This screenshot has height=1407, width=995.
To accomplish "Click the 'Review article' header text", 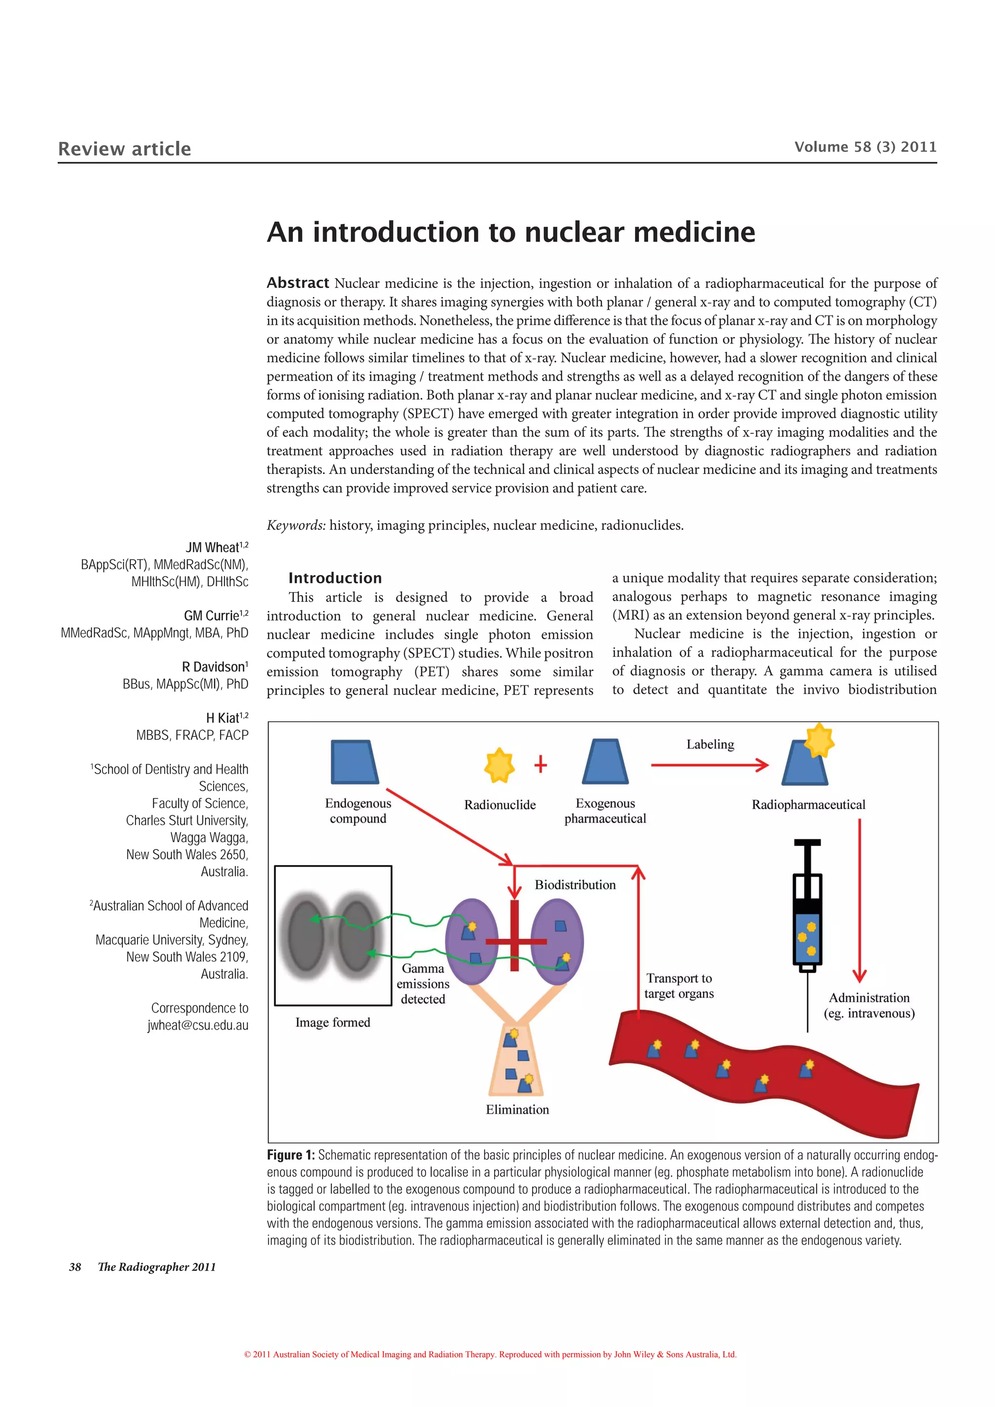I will coord(124,149).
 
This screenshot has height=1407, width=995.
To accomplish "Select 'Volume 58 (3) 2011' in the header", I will coord(865,147).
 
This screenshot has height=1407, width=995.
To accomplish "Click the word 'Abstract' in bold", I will coord(298,283).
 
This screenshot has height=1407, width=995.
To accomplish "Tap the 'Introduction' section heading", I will coord(335,578).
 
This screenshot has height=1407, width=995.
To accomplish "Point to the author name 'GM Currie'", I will coord(211,615).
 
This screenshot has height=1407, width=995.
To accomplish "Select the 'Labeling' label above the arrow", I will coord(710,745).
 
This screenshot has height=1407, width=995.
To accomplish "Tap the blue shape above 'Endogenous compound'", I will coord(354,762).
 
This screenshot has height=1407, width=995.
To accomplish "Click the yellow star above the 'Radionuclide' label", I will coord(499,765).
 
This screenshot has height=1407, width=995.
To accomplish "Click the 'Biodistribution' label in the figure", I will coord(575,885).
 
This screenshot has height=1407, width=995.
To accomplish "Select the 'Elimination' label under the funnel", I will coord(517,1109).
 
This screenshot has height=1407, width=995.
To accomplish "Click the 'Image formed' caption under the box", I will coord(333,1022).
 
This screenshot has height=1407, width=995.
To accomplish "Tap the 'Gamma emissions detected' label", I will coord(423,983).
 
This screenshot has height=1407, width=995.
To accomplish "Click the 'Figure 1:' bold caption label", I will coord(291,1155).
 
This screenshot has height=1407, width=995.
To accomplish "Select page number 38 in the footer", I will coord(75,1267).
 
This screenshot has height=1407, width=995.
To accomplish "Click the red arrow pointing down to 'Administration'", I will coord(859,901).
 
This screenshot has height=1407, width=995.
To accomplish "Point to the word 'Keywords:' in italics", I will coord(296,525).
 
